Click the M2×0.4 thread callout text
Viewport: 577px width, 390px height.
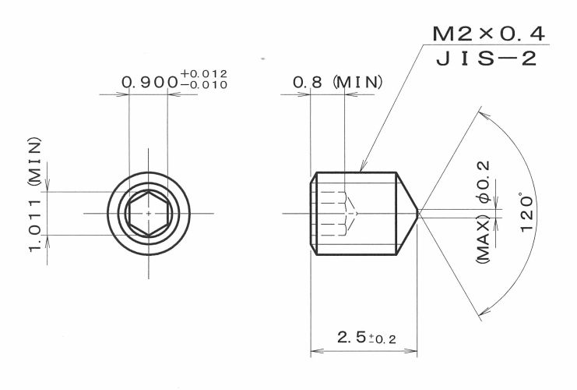pyautogui.click(x=489, y=34)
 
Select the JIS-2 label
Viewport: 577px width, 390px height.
pyautogui.click(x=487, y=58)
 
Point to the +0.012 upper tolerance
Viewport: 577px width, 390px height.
pyautogui.click(x=204, y=74)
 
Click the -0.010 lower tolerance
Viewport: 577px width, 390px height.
pyautogui.click(x=204, y=85)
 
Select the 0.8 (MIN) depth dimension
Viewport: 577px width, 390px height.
pyautogui.click(x=337, y=82)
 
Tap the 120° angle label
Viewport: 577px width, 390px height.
pyautogui.click(x=527, y=212)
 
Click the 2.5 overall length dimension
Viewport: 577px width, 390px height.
pyautogui.click(x=351, y=337)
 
